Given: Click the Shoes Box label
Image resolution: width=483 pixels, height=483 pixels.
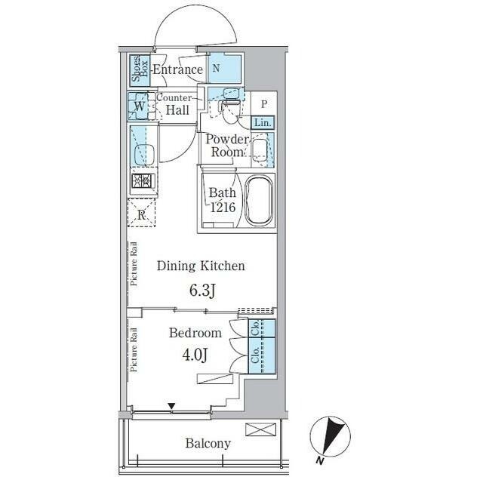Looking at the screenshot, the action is (140, 69).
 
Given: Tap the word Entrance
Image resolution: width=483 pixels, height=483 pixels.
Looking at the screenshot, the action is (178, 69).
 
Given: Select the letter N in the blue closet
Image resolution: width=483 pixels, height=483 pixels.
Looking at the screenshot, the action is (216, 68).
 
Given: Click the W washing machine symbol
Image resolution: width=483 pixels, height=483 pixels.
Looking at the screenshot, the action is (139, 106).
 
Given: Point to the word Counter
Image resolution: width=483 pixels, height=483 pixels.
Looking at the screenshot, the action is (174, 97).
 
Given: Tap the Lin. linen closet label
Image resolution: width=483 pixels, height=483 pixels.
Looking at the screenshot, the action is (263, 123).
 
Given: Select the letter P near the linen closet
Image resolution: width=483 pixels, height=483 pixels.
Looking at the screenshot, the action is (264, 104).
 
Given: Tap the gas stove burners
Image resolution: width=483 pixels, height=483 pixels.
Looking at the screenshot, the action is (143, 181).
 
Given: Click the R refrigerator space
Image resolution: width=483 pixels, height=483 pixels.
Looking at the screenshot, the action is (141, 213).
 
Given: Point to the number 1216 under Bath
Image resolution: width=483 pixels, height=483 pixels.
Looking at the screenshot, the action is (223, 208).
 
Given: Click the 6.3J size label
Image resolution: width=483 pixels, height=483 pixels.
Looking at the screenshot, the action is (202, 290).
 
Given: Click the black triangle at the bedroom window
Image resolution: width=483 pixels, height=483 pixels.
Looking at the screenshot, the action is (171, 406).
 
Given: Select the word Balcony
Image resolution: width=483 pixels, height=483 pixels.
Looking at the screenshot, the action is (208, 444).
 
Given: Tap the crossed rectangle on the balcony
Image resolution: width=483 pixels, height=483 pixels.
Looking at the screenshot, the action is (260, 429).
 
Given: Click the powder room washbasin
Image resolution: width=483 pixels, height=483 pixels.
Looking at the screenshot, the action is (260, 150).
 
